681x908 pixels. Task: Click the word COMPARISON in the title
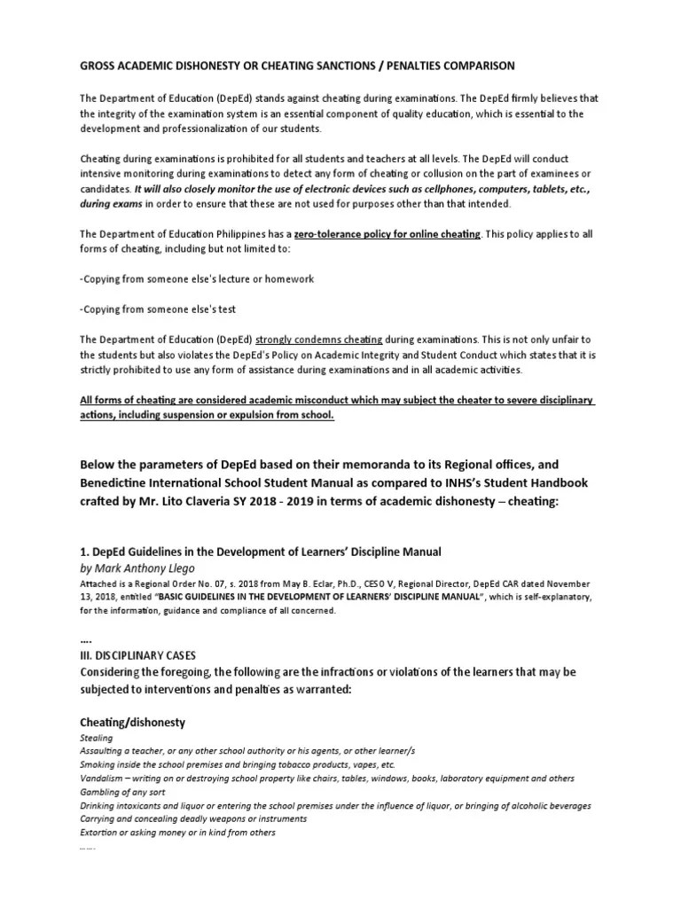click(473, 66)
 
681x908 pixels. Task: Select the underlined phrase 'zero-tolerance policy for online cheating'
click(392, 234)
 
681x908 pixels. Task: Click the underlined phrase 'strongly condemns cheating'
click(319, 340)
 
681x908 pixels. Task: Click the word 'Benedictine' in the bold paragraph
click(122, 481)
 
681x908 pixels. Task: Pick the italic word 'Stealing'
click(97, 738)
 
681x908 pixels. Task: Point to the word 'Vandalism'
click(105, 778)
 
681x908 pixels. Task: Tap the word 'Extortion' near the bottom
click(100, 833)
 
